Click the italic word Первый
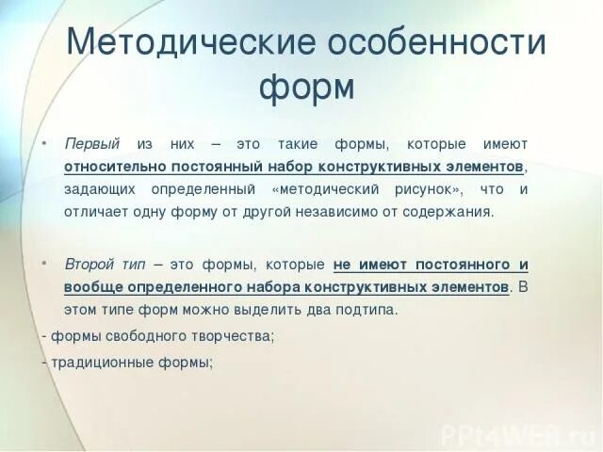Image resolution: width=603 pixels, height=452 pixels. [x=91, y=144]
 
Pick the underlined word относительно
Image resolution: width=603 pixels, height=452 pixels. [x=110, y=167]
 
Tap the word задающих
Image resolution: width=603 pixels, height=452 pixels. [x=95, y=189]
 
